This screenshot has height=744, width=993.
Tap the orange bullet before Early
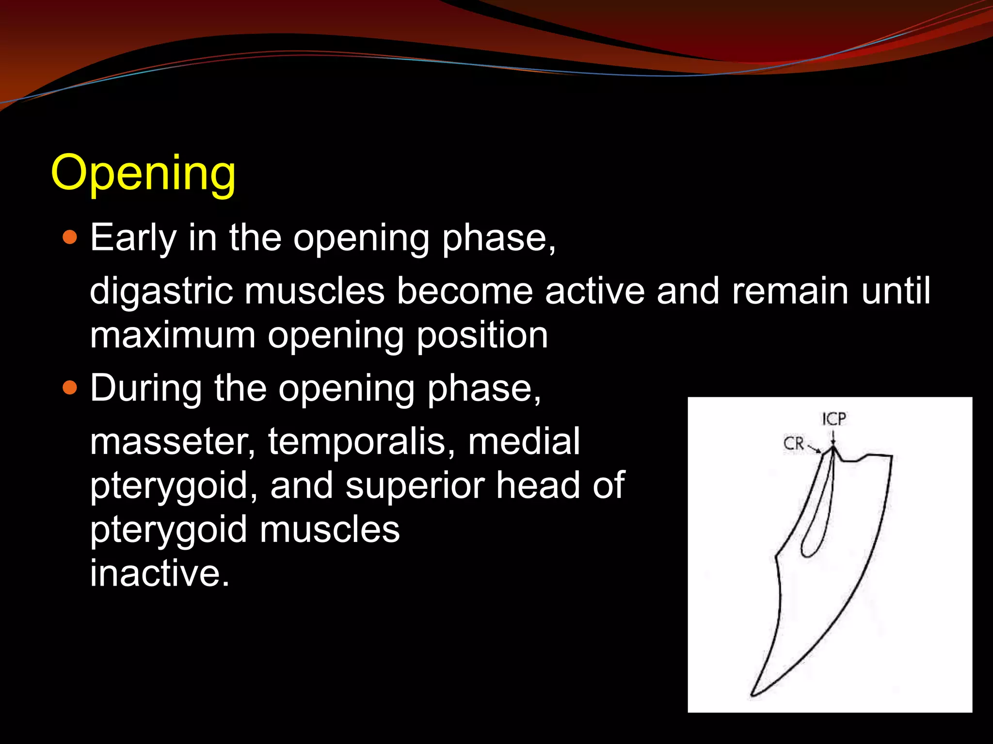tap(70, 237)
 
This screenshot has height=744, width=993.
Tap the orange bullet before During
tap(70, 388)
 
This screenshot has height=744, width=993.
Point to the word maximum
tap(172, 335)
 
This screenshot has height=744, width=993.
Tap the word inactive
tap(159, 573)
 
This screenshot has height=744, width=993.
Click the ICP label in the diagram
tap(834, 419)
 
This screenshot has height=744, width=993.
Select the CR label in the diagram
tap(794, 443)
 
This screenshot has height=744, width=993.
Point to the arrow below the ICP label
tap(833, 437)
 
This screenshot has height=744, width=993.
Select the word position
tap(482, 335)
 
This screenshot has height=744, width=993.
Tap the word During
tap(146, 388)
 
